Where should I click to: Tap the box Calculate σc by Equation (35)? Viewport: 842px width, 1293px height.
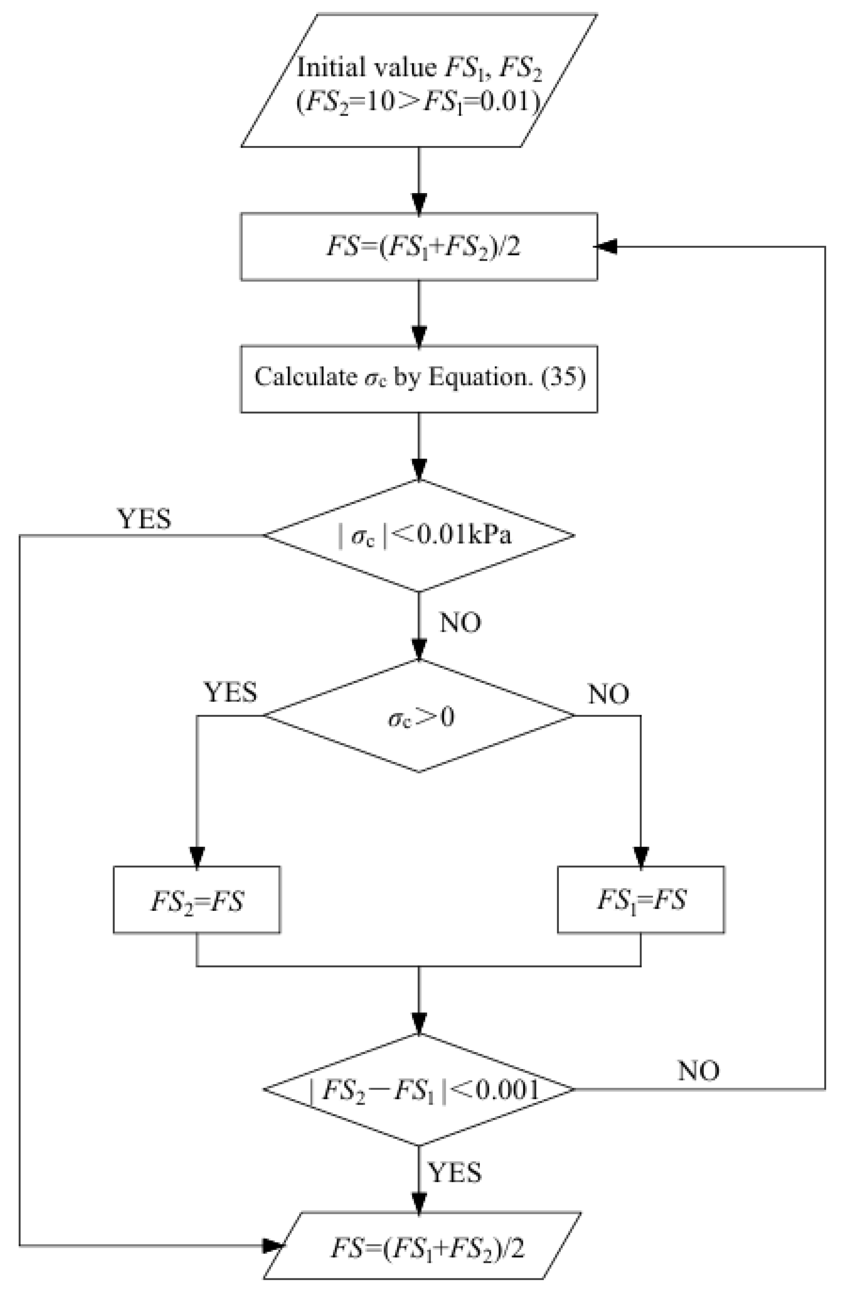click(x=419, y=378)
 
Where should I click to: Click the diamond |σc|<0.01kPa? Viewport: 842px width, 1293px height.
click(x=419, y=536)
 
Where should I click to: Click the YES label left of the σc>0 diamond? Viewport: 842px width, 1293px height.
click(x=230, y=693)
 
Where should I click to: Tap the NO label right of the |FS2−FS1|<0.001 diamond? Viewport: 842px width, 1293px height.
click(x=698, y=1071)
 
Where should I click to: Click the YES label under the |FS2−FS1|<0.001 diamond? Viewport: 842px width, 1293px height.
click(x=455, y=1173)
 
